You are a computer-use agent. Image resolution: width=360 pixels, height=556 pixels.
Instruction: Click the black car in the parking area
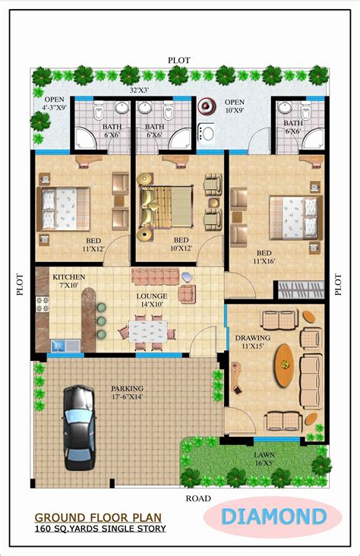[x=80, y=428]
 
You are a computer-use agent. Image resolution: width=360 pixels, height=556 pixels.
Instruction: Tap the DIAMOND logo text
[x=273, y=517]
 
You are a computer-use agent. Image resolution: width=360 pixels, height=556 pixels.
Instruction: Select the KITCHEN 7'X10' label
[x=69, y=280]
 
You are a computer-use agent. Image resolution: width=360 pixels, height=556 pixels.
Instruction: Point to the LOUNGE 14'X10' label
[x=152, y=300]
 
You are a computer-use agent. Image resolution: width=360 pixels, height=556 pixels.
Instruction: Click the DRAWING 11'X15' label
[x=253, y=342]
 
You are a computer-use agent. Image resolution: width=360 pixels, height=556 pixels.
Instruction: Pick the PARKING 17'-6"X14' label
[x=127, y=393]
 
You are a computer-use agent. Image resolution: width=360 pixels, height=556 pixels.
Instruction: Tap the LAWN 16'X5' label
[x=264, y=459]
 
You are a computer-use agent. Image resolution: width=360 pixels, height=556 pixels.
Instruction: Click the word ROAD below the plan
[x=198, y=498]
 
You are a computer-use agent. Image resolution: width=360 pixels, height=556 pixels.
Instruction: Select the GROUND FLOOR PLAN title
[x=98, y=517]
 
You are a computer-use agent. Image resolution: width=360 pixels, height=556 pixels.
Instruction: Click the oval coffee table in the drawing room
[x=285, y=365]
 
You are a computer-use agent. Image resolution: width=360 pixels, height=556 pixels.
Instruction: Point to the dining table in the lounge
[x=148, y=331]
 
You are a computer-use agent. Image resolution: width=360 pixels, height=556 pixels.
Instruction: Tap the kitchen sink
[x=65, y=346]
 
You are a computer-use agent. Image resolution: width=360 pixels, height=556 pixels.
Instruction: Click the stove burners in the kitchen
[x=43, y=304]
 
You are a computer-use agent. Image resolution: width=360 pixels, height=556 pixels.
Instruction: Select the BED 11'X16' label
[x=264, y=257]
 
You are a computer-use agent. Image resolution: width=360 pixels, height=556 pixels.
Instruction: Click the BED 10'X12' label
[x=181, y=244]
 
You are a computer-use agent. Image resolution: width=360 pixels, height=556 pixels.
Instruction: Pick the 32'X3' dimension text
[x=139, y=90]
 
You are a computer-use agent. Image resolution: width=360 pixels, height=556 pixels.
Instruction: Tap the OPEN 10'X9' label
[x=235, y=106]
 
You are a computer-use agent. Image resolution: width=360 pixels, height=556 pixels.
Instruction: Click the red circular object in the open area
[x=207, y=106]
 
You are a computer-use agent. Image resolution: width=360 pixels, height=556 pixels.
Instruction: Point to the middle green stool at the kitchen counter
[x=102, y=321]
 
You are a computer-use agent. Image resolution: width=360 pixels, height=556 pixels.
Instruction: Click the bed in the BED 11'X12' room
[x=64, y=209]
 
